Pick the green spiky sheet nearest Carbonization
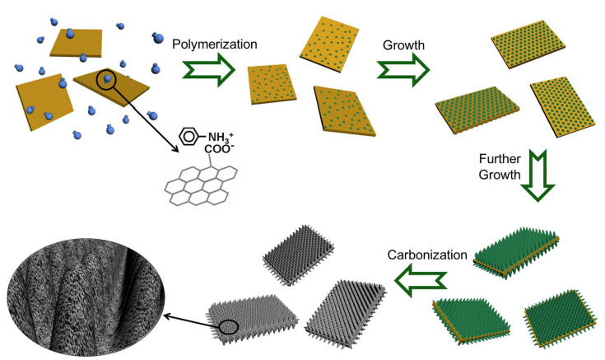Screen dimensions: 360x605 click(x=518, y=246)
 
